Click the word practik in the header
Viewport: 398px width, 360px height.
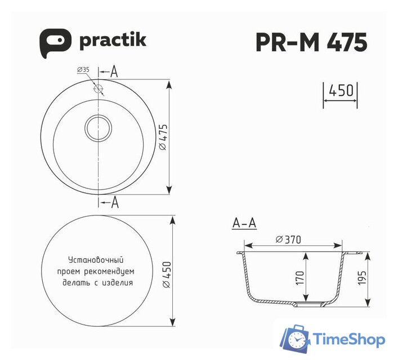[113, 40]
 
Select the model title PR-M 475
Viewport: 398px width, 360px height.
[311, 42]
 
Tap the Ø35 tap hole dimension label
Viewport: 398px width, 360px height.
[83, 70]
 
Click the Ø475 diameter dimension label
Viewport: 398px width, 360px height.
[162, 137]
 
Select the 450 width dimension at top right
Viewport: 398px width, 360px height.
[341, 90]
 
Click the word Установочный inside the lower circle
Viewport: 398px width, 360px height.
[95, 260]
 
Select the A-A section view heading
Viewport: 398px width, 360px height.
[244, 223]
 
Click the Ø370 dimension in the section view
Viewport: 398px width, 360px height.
[288, 240]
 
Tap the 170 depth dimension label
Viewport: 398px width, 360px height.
[300, 276]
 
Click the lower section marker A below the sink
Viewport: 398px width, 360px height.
[114, 202]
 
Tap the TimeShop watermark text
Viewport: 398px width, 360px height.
[349, 339]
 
